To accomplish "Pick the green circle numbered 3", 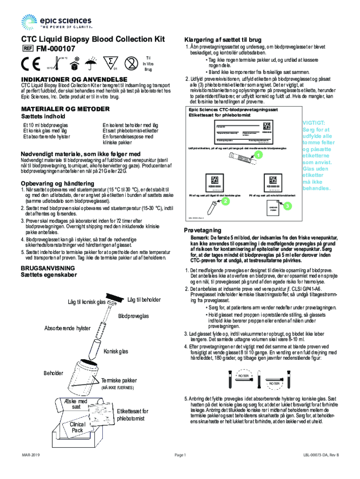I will (x=288, y=206).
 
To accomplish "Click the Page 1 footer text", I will (x=180, y=455).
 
